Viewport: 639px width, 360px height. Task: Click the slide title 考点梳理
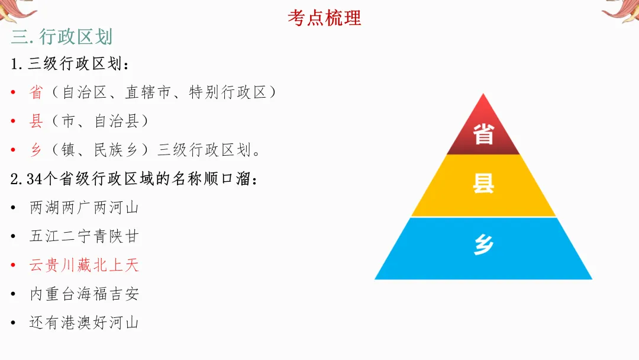324,18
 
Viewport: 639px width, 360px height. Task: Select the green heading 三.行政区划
62,37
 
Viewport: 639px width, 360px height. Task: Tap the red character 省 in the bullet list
36,92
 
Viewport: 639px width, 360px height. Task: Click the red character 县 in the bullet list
36,121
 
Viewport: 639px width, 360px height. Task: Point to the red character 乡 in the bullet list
36,150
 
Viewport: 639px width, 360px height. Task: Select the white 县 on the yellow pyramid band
483,184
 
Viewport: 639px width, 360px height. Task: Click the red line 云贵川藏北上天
84,265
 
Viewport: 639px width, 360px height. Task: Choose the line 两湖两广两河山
84,208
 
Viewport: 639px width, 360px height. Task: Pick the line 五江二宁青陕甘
84,236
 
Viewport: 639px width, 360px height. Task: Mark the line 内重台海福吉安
84,294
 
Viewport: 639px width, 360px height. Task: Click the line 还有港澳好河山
84,323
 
